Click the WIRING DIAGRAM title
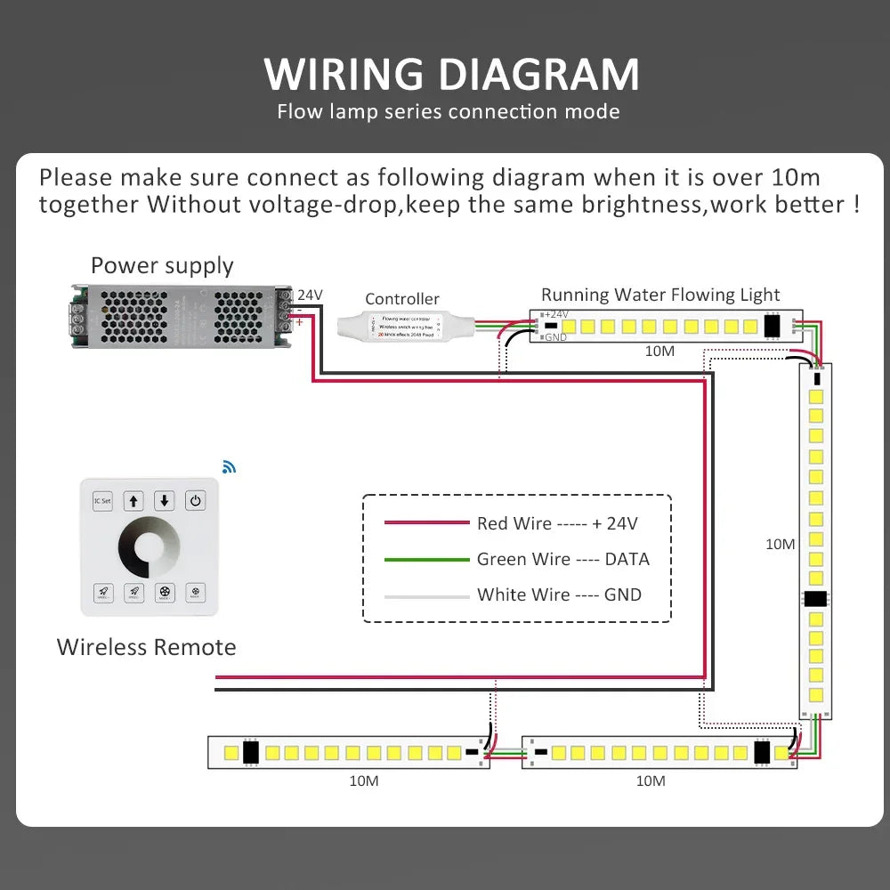(x=451, y=74)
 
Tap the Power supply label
(x=162, y=265)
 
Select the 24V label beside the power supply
(x=310, y=295)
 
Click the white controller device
(x=405, y=327)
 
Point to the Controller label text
(x=402, y=299)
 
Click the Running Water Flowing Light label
(x=660, y=295)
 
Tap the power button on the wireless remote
(x=196, y=500)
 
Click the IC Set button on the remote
(x=102, y=500)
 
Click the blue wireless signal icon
(x=230, y=466)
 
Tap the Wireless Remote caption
(x=147, y=647)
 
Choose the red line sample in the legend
(x=426, y=523)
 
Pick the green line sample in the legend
(x=426, y=560)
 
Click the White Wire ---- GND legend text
(x=559, y=595)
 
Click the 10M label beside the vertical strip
(x=780, y=544)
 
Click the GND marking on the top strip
(x=555, y=337)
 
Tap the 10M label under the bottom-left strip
(x=364, y=781)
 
